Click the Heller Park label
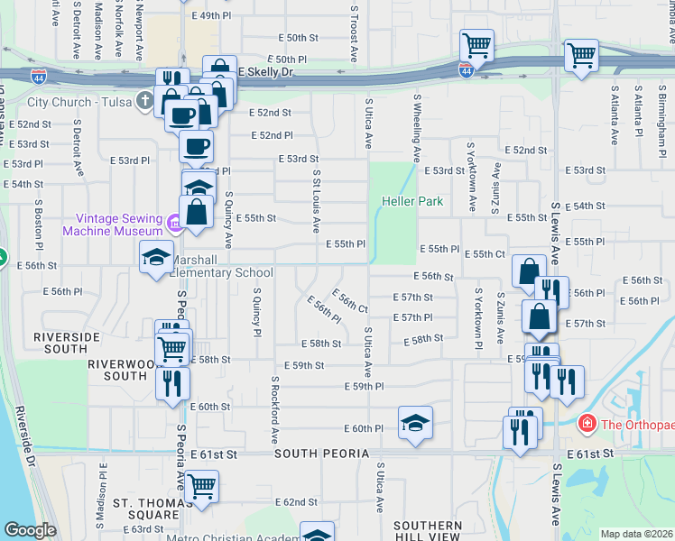coord(411,201)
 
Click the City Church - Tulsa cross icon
coord(144,102)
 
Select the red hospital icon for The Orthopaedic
coord(587,423)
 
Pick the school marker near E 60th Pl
coord(415,422)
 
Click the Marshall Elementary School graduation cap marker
coord(157,256)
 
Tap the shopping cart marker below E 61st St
coord(203,486)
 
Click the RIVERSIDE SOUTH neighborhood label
coord(67,336)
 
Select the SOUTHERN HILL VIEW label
coord(427,531)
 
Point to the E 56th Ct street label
coord(350,300)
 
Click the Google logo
coord(30,530)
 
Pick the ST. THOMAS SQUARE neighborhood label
coord(146,509)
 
